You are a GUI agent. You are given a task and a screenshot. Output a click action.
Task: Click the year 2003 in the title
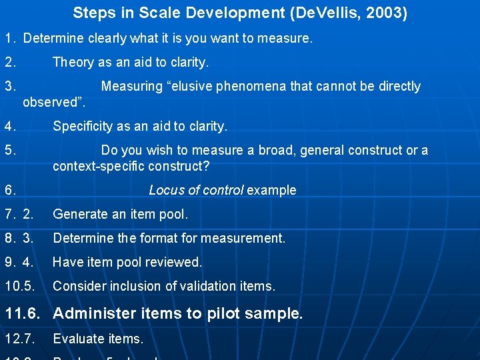coord(387,13)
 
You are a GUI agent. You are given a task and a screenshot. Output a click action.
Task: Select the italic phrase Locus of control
coord(195,191)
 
